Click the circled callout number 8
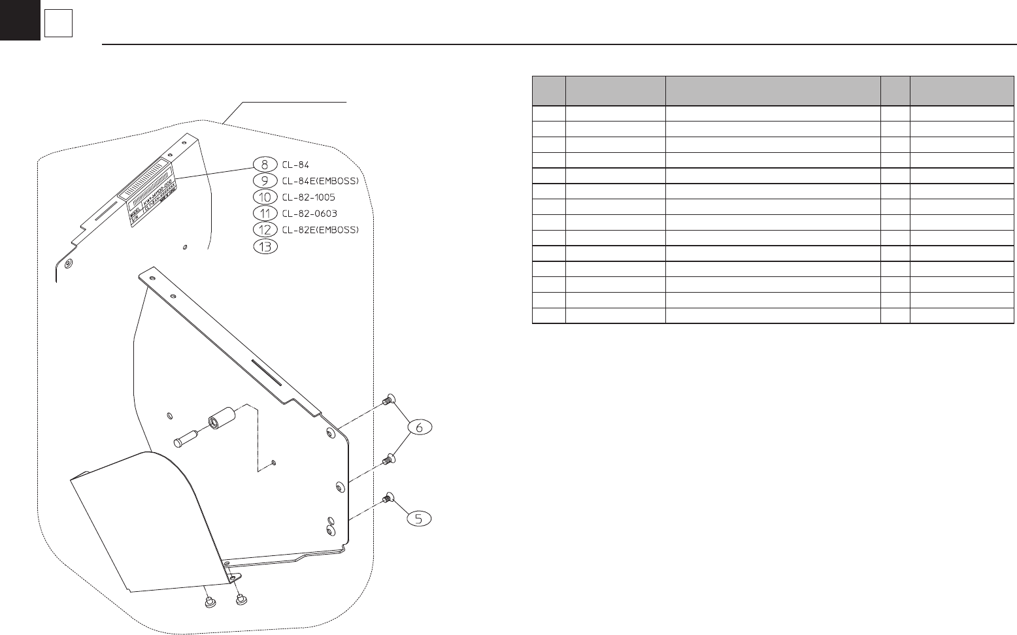point(264,165)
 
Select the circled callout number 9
point(264,181)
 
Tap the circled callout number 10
point(264,197)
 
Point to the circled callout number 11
point(264,214)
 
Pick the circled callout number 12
point(264,230)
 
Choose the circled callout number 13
point(264,246)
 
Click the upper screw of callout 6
point(388,400)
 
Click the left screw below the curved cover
point(208,602)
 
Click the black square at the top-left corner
point(20,20)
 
